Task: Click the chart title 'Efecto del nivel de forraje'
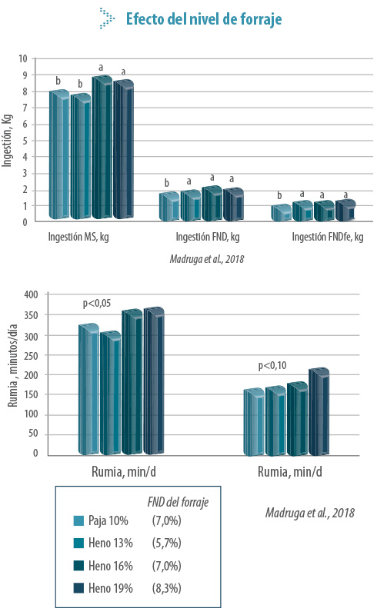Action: pos(204,18)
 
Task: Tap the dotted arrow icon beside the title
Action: pos(107,18)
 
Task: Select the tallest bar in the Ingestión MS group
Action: pos(102,147)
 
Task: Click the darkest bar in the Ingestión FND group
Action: pos(234,204)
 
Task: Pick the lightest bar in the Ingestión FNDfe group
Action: pos(281,212)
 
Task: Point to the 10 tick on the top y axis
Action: pos(23,59)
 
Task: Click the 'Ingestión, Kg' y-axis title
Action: pos(7,141)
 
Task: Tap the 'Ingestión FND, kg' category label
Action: pos(207,237)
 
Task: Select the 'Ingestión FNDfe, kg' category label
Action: pos(327,237)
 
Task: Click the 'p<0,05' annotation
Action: pos(96,304)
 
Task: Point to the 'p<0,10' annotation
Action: pos(272,366)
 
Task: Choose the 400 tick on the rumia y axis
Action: pos(31,294)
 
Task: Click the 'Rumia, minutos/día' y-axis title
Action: pos(13,366)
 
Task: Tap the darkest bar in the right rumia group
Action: pos(319,412)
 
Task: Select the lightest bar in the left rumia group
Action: pos(88,389)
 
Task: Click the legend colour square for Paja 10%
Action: pos(78,520)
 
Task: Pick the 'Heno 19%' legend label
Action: pos(110,588)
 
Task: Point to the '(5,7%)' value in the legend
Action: pos(166,544)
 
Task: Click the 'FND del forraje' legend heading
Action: pos(178,503)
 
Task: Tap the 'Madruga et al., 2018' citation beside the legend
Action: pos(310,513)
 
